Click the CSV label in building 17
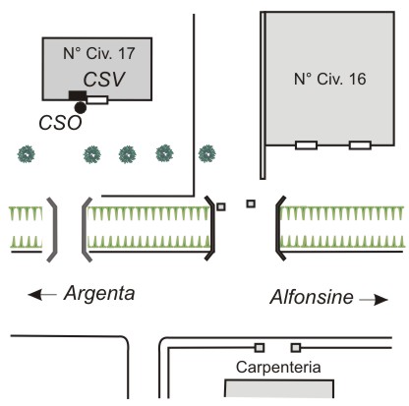click(104, 79)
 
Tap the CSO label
click(60, 123)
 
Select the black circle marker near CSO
click(81, 107)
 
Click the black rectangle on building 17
click(78, 95)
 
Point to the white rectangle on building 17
click(97, 100)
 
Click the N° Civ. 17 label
click(99, 53)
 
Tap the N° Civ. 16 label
click(330, 79)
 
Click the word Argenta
click(99, 293)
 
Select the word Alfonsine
click(312, 297)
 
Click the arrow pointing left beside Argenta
click(42, 295)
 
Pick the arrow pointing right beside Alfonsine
click(374, 300)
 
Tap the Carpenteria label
click(278, 368)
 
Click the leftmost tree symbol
click(27, 154)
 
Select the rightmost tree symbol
click(207, 153)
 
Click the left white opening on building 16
click(307, 145)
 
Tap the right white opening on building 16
click(360, 145)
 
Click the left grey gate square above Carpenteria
click(260, 347)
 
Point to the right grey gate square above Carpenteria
click(296, 347)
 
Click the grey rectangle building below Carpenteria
click(279, 388)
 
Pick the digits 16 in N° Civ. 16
click(358, 79)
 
